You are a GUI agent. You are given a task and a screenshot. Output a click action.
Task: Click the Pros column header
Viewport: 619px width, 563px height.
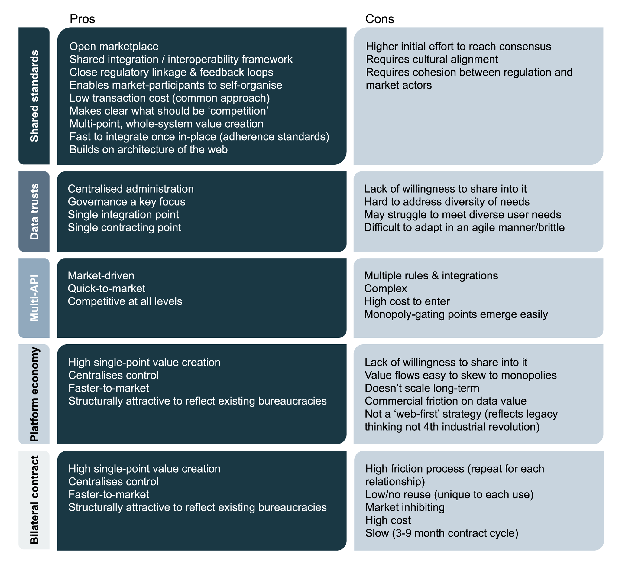pos(82,19)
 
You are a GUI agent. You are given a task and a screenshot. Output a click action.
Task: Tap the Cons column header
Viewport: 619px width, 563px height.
pos(380,19)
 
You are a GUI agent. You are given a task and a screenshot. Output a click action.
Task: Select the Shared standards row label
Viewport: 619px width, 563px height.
pos(34,96)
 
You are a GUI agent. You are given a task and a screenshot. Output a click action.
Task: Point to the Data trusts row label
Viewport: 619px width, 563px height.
pos(34,211)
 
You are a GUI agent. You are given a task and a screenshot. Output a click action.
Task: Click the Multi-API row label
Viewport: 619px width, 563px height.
pos(34,298)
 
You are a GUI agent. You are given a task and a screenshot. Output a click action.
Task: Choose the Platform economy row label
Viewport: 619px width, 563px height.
pos(34,394)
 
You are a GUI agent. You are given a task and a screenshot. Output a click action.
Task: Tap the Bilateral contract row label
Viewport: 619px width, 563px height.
pos(34,500)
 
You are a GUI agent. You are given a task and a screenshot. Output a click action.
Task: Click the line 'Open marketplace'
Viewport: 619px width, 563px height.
pos(114,46)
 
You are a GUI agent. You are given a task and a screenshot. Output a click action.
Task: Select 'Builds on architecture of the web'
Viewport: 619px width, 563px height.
pos(149,150)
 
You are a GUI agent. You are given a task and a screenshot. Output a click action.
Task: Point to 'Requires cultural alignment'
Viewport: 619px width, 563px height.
pos(432,59)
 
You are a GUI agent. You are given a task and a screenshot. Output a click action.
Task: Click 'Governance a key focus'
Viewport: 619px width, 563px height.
pos(127,202)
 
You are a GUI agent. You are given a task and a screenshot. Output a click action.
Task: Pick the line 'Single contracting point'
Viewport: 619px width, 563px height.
pos(124,228)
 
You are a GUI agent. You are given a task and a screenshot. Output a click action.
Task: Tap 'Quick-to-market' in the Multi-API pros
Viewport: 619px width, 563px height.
pos(107,289)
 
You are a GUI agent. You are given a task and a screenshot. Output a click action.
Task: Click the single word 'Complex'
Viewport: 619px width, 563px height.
pos(386,289)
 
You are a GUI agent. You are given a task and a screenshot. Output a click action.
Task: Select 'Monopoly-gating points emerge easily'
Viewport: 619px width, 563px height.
pos(456,314)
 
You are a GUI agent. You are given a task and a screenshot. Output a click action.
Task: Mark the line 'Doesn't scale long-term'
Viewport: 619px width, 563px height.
pos(422,388)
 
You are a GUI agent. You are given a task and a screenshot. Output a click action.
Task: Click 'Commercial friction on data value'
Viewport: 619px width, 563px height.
pos(446,401)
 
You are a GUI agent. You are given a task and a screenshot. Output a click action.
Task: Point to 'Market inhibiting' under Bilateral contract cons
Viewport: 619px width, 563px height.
pos(405,507)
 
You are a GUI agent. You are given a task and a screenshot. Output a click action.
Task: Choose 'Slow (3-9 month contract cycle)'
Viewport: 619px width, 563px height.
pos(442,533)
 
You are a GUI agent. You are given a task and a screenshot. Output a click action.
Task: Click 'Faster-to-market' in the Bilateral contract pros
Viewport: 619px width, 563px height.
pos(109,494)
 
